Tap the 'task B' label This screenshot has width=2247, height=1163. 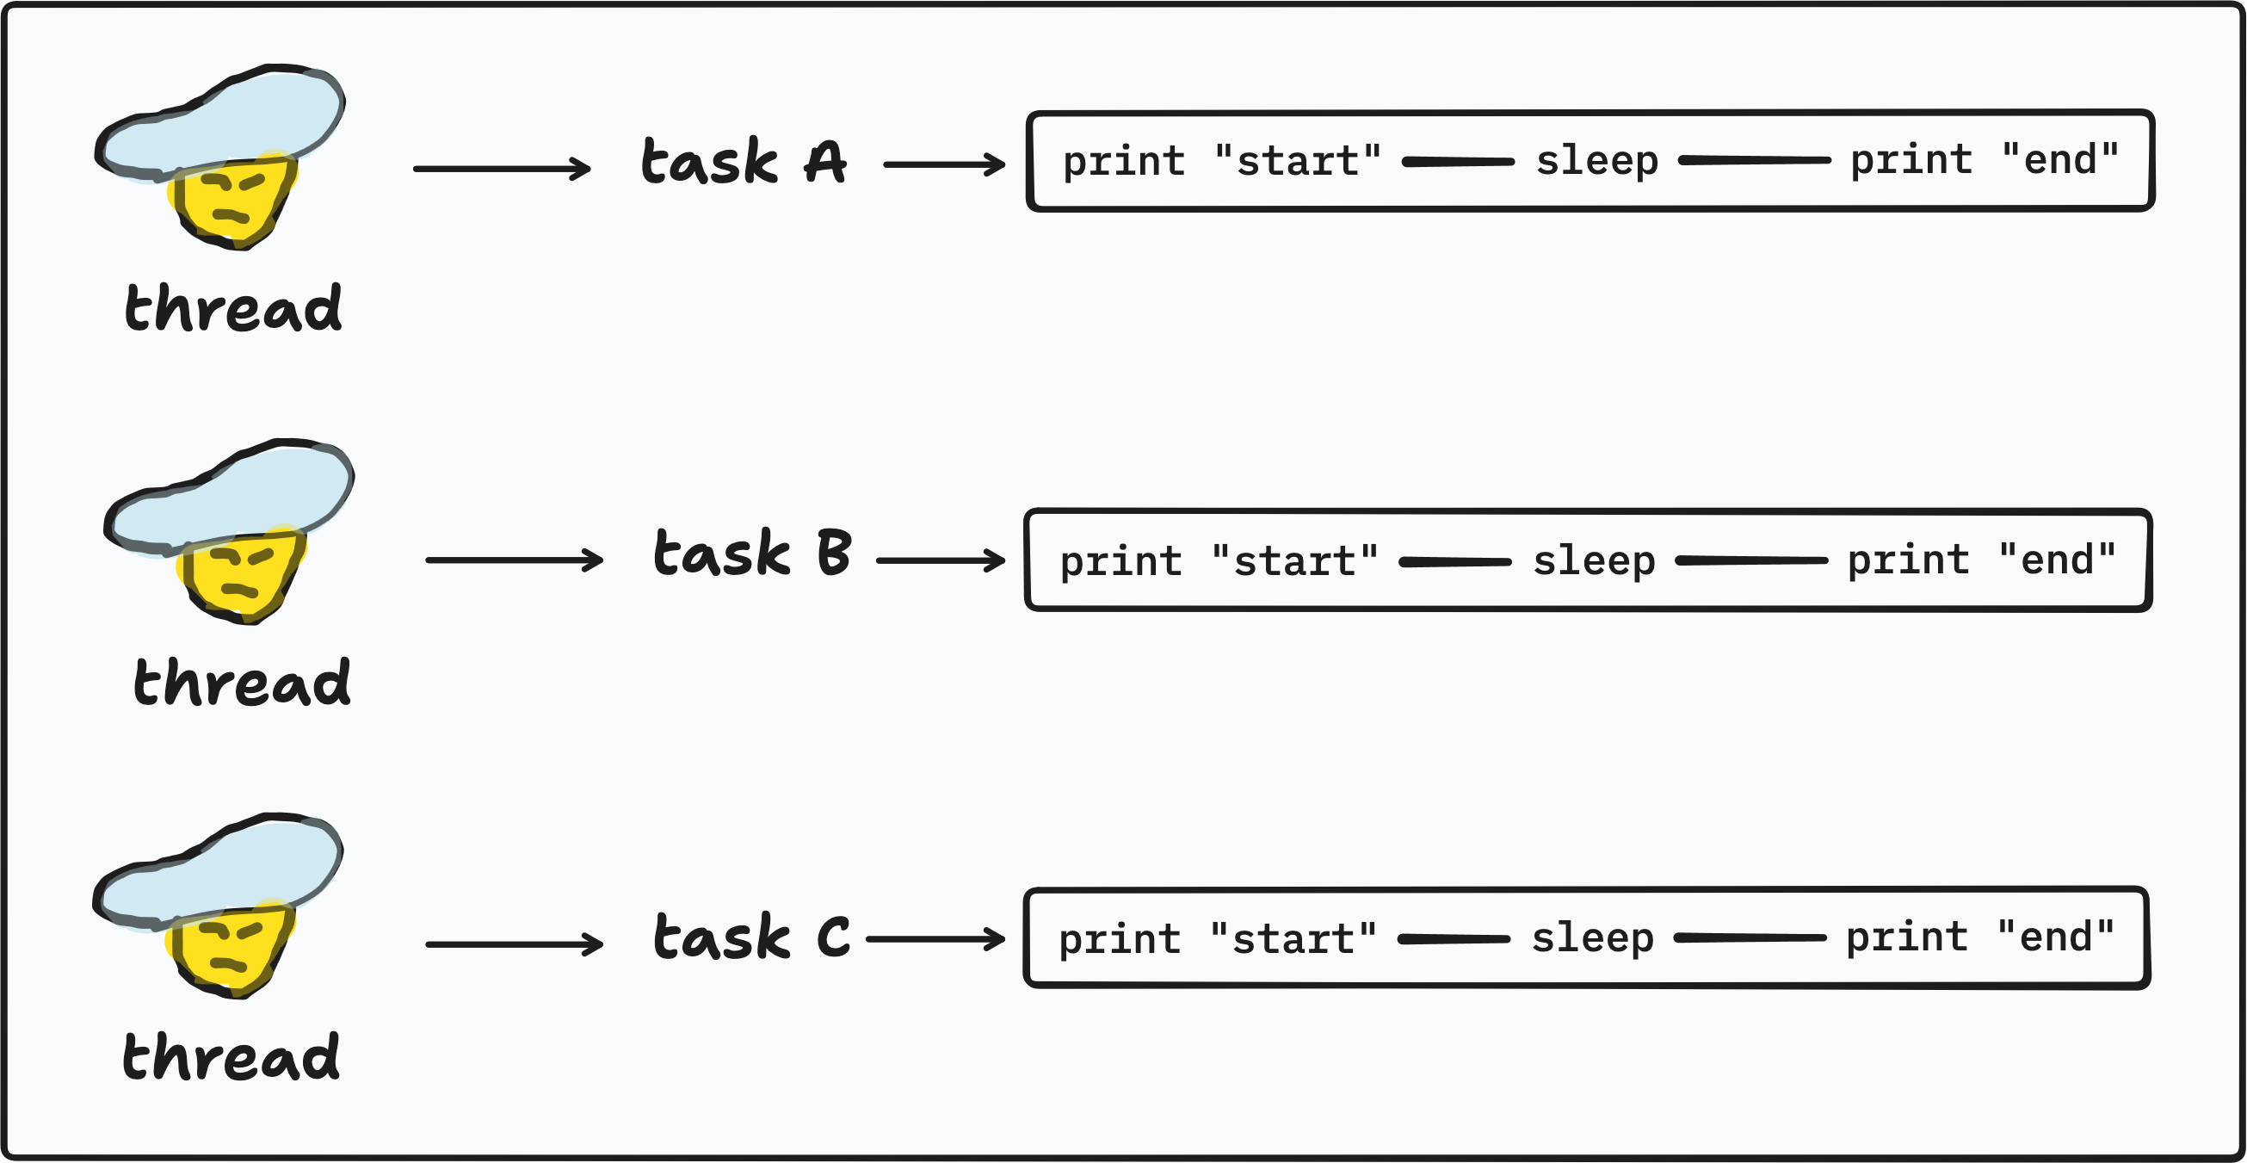tap(752, 553)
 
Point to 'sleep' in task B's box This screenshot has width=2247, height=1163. tap(1595, 562)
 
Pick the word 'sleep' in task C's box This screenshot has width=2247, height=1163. tap(1593, 939)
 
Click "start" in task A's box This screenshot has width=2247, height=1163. tap(1298, 161)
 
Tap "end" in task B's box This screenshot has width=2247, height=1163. tap(2057, 560)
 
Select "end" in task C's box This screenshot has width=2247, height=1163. tap(2055, 937)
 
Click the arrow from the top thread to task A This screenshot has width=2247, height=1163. tap(503, 169)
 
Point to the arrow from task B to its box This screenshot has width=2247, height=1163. tap(941, 560)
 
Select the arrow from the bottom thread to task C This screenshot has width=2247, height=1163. tap(515, 944)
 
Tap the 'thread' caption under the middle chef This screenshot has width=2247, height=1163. tap(243, 683)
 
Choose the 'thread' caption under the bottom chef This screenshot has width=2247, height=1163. tap(231, 1056)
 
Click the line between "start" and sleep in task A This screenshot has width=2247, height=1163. tap(1459, 161)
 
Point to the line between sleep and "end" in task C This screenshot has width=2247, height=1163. tap(1750, 938)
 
